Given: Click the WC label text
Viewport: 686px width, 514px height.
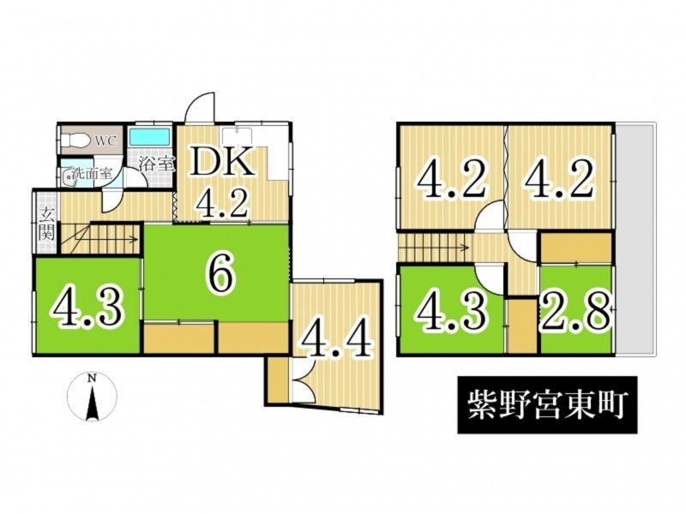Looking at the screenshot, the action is (105, 141).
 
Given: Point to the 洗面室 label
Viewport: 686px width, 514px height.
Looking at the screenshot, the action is (92, 173).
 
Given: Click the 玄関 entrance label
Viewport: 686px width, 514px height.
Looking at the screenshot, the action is (47, 224).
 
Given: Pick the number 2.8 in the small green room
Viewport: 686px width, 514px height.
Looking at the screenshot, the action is (575, 312).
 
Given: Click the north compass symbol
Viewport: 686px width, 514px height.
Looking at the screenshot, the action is (92, 397).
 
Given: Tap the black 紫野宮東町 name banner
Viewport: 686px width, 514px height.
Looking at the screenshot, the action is (547, 404).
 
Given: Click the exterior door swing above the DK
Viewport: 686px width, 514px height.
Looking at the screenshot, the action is (201, 108).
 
